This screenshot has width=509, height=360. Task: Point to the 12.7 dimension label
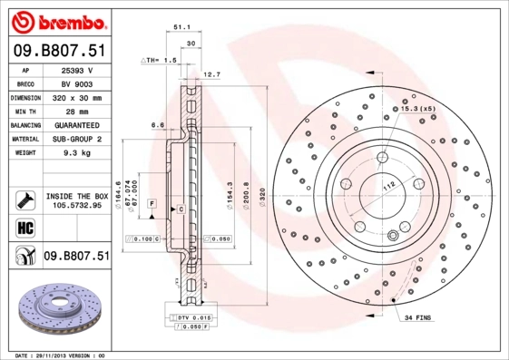(211, 74)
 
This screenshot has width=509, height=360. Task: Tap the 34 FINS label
(418, 317)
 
